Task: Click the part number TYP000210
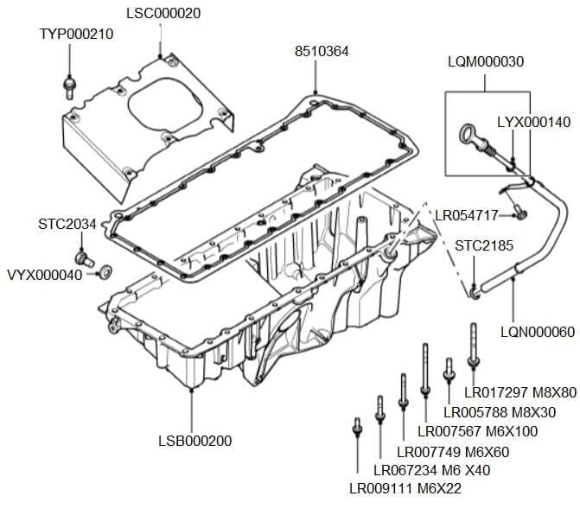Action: click(76, 34)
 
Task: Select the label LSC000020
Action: click(163, 13)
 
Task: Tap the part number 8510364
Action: click(322, 52)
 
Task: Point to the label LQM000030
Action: click(486, 62)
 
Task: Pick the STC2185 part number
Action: click(484, 245)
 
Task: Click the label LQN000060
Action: click(537, 332)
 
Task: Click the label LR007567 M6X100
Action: click(476, 431)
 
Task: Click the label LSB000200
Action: click(194, 441)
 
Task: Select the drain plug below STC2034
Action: click(83, 257)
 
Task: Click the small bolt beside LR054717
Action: click(519, 210)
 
